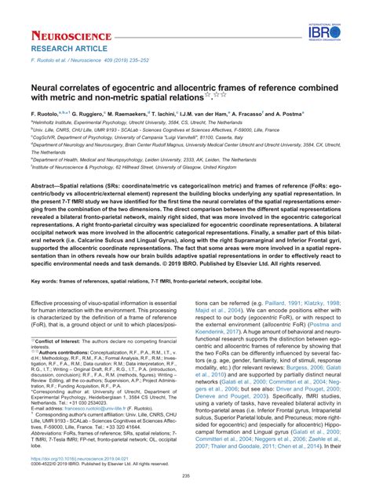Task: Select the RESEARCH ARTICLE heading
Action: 63,49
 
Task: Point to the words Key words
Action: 46,258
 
